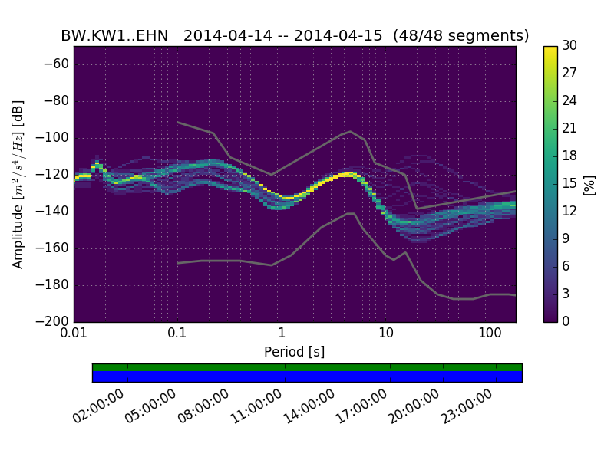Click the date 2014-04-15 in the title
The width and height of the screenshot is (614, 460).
[338, 35]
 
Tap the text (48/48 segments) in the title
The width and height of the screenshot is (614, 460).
[460, 35]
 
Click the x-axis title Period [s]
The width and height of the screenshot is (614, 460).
[294, 352]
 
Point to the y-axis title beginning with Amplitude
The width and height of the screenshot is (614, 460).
[18, 184]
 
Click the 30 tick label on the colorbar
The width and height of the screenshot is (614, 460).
[570, 46]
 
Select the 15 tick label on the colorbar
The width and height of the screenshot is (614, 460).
[570, 184]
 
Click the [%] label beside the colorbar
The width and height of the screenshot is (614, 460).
[589, 184]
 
